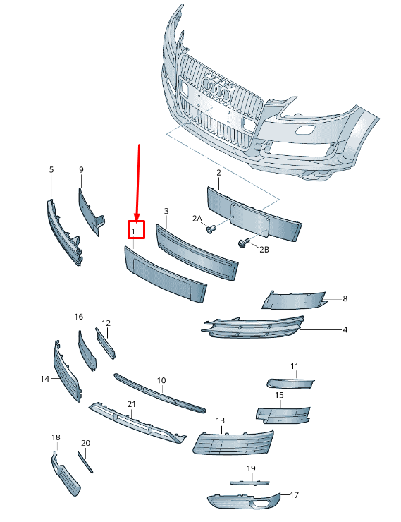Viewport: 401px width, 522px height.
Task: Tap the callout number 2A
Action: (x=197, y=219)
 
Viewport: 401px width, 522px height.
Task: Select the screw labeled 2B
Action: (x=245, y=243)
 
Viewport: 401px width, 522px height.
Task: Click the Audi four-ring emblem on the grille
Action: (x=216, y=88)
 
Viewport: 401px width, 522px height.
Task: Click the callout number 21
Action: (x=131, y=404)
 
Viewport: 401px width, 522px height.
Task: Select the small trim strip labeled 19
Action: (x=249, y=482)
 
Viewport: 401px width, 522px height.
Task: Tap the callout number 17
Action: (x=295, y=495)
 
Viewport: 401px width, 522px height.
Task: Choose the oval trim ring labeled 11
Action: (x=292, y=383)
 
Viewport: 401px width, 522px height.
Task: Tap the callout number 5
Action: (x=51, y=170)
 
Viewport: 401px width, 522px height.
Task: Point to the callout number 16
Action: (x=79, y=317)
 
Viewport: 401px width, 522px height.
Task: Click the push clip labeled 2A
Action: (x=211, y=229)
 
